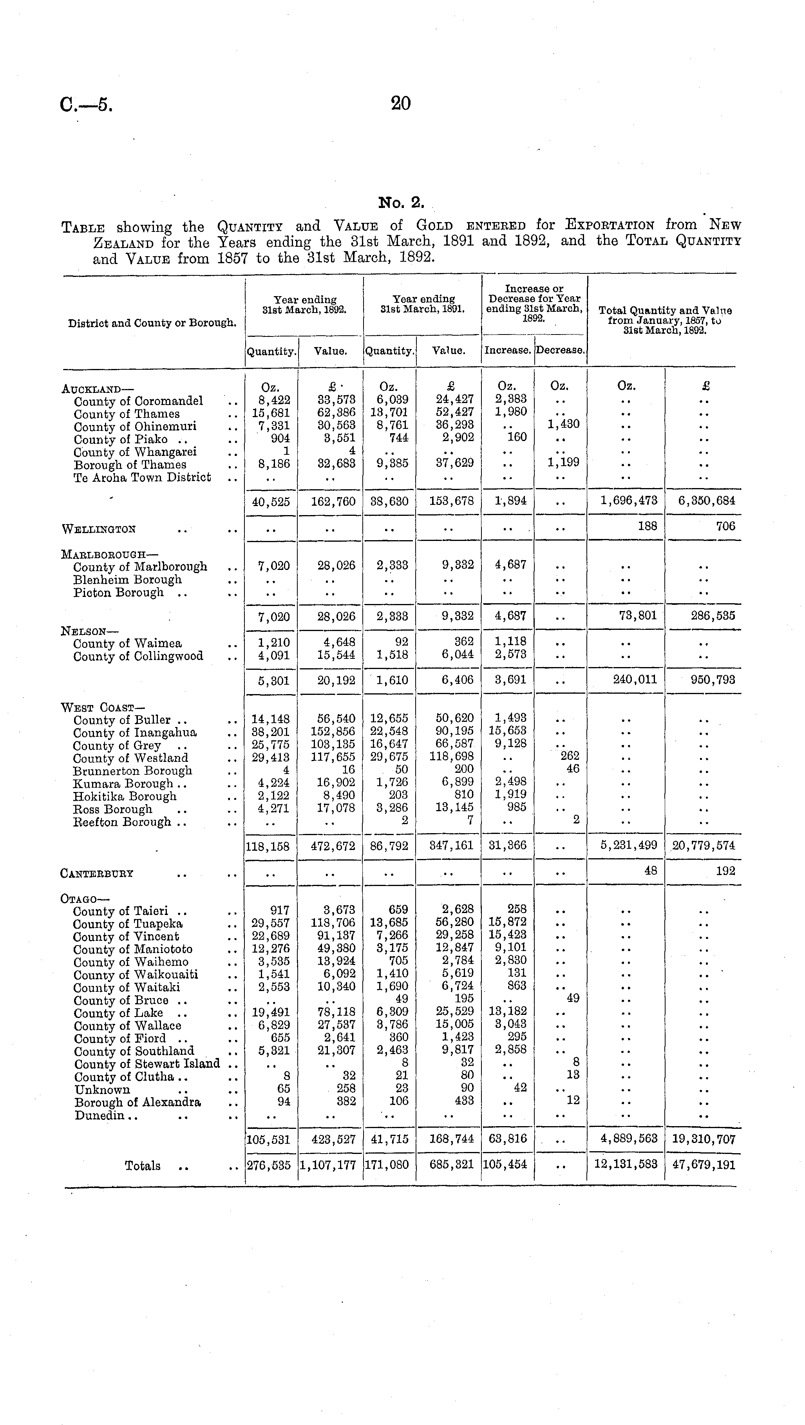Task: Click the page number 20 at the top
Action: [x=401, y=103]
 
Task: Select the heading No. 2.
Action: [x=401, y=203]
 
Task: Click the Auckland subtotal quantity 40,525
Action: [x=271, y=501]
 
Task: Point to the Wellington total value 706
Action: [x=725, y=526]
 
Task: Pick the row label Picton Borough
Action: [x=118, y=593]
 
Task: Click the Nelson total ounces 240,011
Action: [x=635, y=679]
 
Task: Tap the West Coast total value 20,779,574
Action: [x=703, y=846]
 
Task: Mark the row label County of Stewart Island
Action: [x=147, y=1063]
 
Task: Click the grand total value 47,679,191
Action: [x=703, y=1165]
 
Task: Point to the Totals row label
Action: [x=143, y=1166]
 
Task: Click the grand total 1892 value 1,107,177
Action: [x=330, y=1165]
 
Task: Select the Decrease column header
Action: [x=560, y=350]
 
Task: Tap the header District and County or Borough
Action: [x=152, y=323]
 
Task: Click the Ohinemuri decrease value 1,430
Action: [x=563, y=424]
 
